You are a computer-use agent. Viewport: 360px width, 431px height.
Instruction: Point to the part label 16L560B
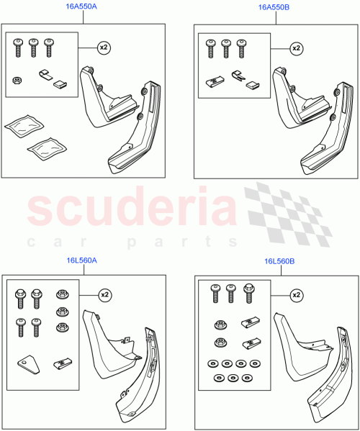[280, 263]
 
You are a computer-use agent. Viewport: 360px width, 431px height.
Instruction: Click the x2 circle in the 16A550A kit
[104, 47]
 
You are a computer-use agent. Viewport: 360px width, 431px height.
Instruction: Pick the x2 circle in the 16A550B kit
[295, 48]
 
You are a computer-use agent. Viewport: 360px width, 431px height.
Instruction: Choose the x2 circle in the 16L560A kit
[104, 295]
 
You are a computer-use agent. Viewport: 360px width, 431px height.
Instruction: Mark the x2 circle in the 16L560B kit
[296, 295]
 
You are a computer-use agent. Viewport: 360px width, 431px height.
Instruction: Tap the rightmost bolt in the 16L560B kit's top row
[250, 291]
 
